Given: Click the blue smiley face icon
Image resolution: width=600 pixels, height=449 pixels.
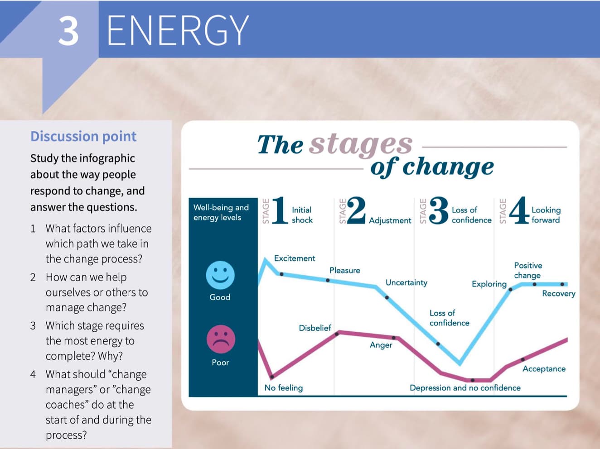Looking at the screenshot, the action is pos(220,275).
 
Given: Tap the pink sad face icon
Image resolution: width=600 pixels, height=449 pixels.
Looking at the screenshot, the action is pos(221,339).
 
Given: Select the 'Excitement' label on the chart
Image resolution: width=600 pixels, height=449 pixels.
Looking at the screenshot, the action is pos(295,258).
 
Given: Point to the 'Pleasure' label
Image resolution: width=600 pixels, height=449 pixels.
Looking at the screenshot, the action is pos(345,270).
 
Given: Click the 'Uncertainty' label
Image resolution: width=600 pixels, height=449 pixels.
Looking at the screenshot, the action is pos(406,282).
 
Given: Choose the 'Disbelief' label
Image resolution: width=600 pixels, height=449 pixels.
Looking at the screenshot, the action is pos(315,328).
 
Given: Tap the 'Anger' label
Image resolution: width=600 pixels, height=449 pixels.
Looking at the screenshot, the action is pos(381,345).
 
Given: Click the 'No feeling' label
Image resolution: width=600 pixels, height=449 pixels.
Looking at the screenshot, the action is pos(284,388).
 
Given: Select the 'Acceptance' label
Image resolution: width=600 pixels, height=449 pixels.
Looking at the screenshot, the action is pos(544,369).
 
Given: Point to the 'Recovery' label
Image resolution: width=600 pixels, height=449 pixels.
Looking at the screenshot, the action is pos(559,294).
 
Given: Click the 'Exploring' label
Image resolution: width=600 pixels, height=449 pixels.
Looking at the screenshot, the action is pos(489,284).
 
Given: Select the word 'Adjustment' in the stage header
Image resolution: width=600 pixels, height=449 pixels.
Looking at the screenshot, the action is pos(390,220).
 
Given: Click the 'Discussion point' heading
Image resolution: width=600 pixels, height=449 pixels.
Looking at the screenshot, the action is pos(83,136).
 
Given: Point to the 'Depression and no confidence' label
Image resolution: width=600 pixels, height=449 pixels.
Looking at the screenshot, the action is pos(465,388).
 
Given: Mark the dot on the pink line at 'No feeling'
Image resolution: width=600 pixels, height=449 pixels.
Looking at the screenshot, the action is pos(272,377).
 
